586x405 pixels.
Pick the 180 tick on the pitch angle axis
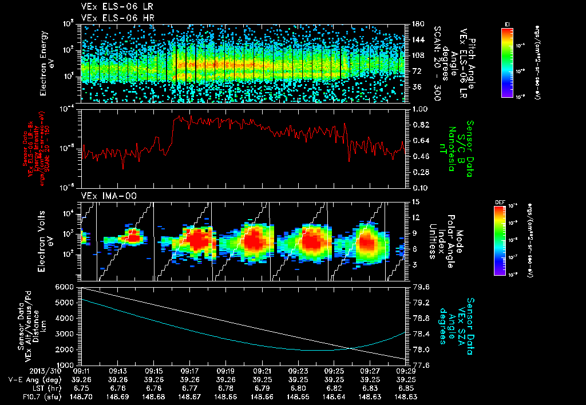[x=417, y=24]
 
